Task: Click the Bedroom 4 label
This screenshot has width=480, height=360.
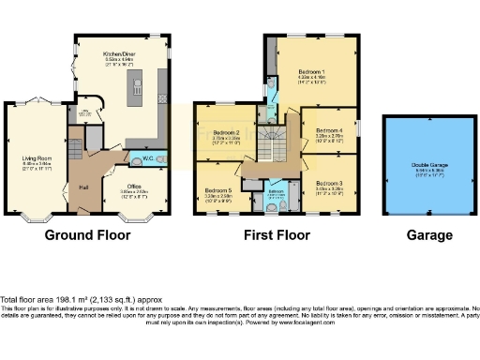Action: pos(329,130)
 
